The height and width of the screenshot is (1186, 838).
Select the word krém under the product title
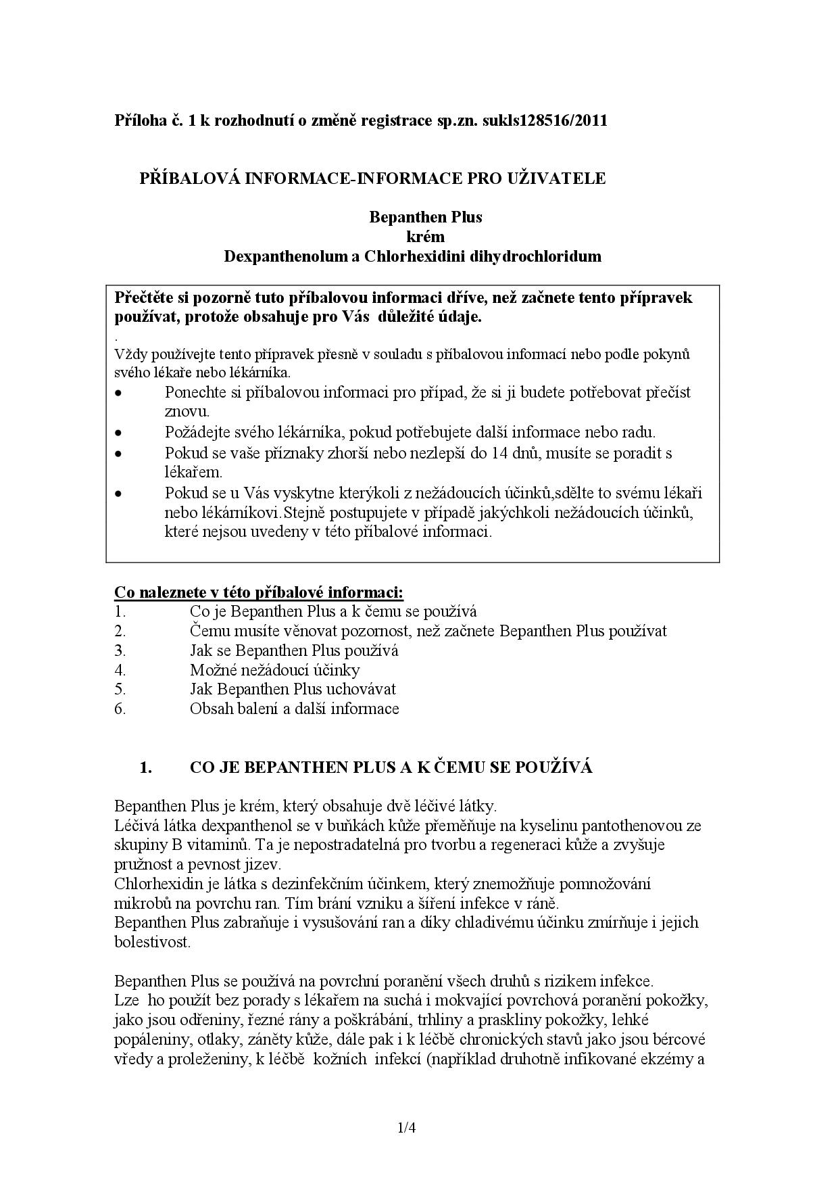pyautogui.click(x=425, y=237)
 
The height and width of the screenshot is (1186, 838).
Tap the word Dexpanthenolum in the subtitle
pyautogui.click(x=281, y=256)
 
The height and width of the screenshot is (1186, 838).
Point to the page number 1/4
pyautogui.click(x=406, y=1127)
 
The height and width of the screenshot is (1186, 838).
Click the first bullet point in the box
pyautogui.click(x=119, y=393)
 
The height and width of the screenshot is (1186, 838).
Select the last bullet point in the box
pyautogui.click(x=119, y=494)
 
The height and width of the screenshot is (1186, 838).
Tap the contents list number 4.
pyautogui.click(x=120, y=670)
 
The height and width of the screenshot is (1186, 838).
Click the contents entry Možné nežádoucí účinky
pyautogui.click(x=274, y=670)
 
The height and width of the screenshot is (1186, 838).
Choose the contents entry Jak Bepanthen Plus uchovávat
pyautogui.click(x=293, y=689)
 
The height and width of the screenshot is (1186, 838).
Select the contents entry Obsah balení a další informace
pyautogui.click(x=294, y=709)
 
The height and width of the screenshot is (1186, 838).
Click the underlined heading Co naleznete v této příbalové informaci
pyautogui.click(x=258, y=592)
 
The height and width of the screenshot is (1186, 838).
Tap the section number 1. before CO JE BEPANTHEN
pyautogui.click(x=145, y=767)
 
